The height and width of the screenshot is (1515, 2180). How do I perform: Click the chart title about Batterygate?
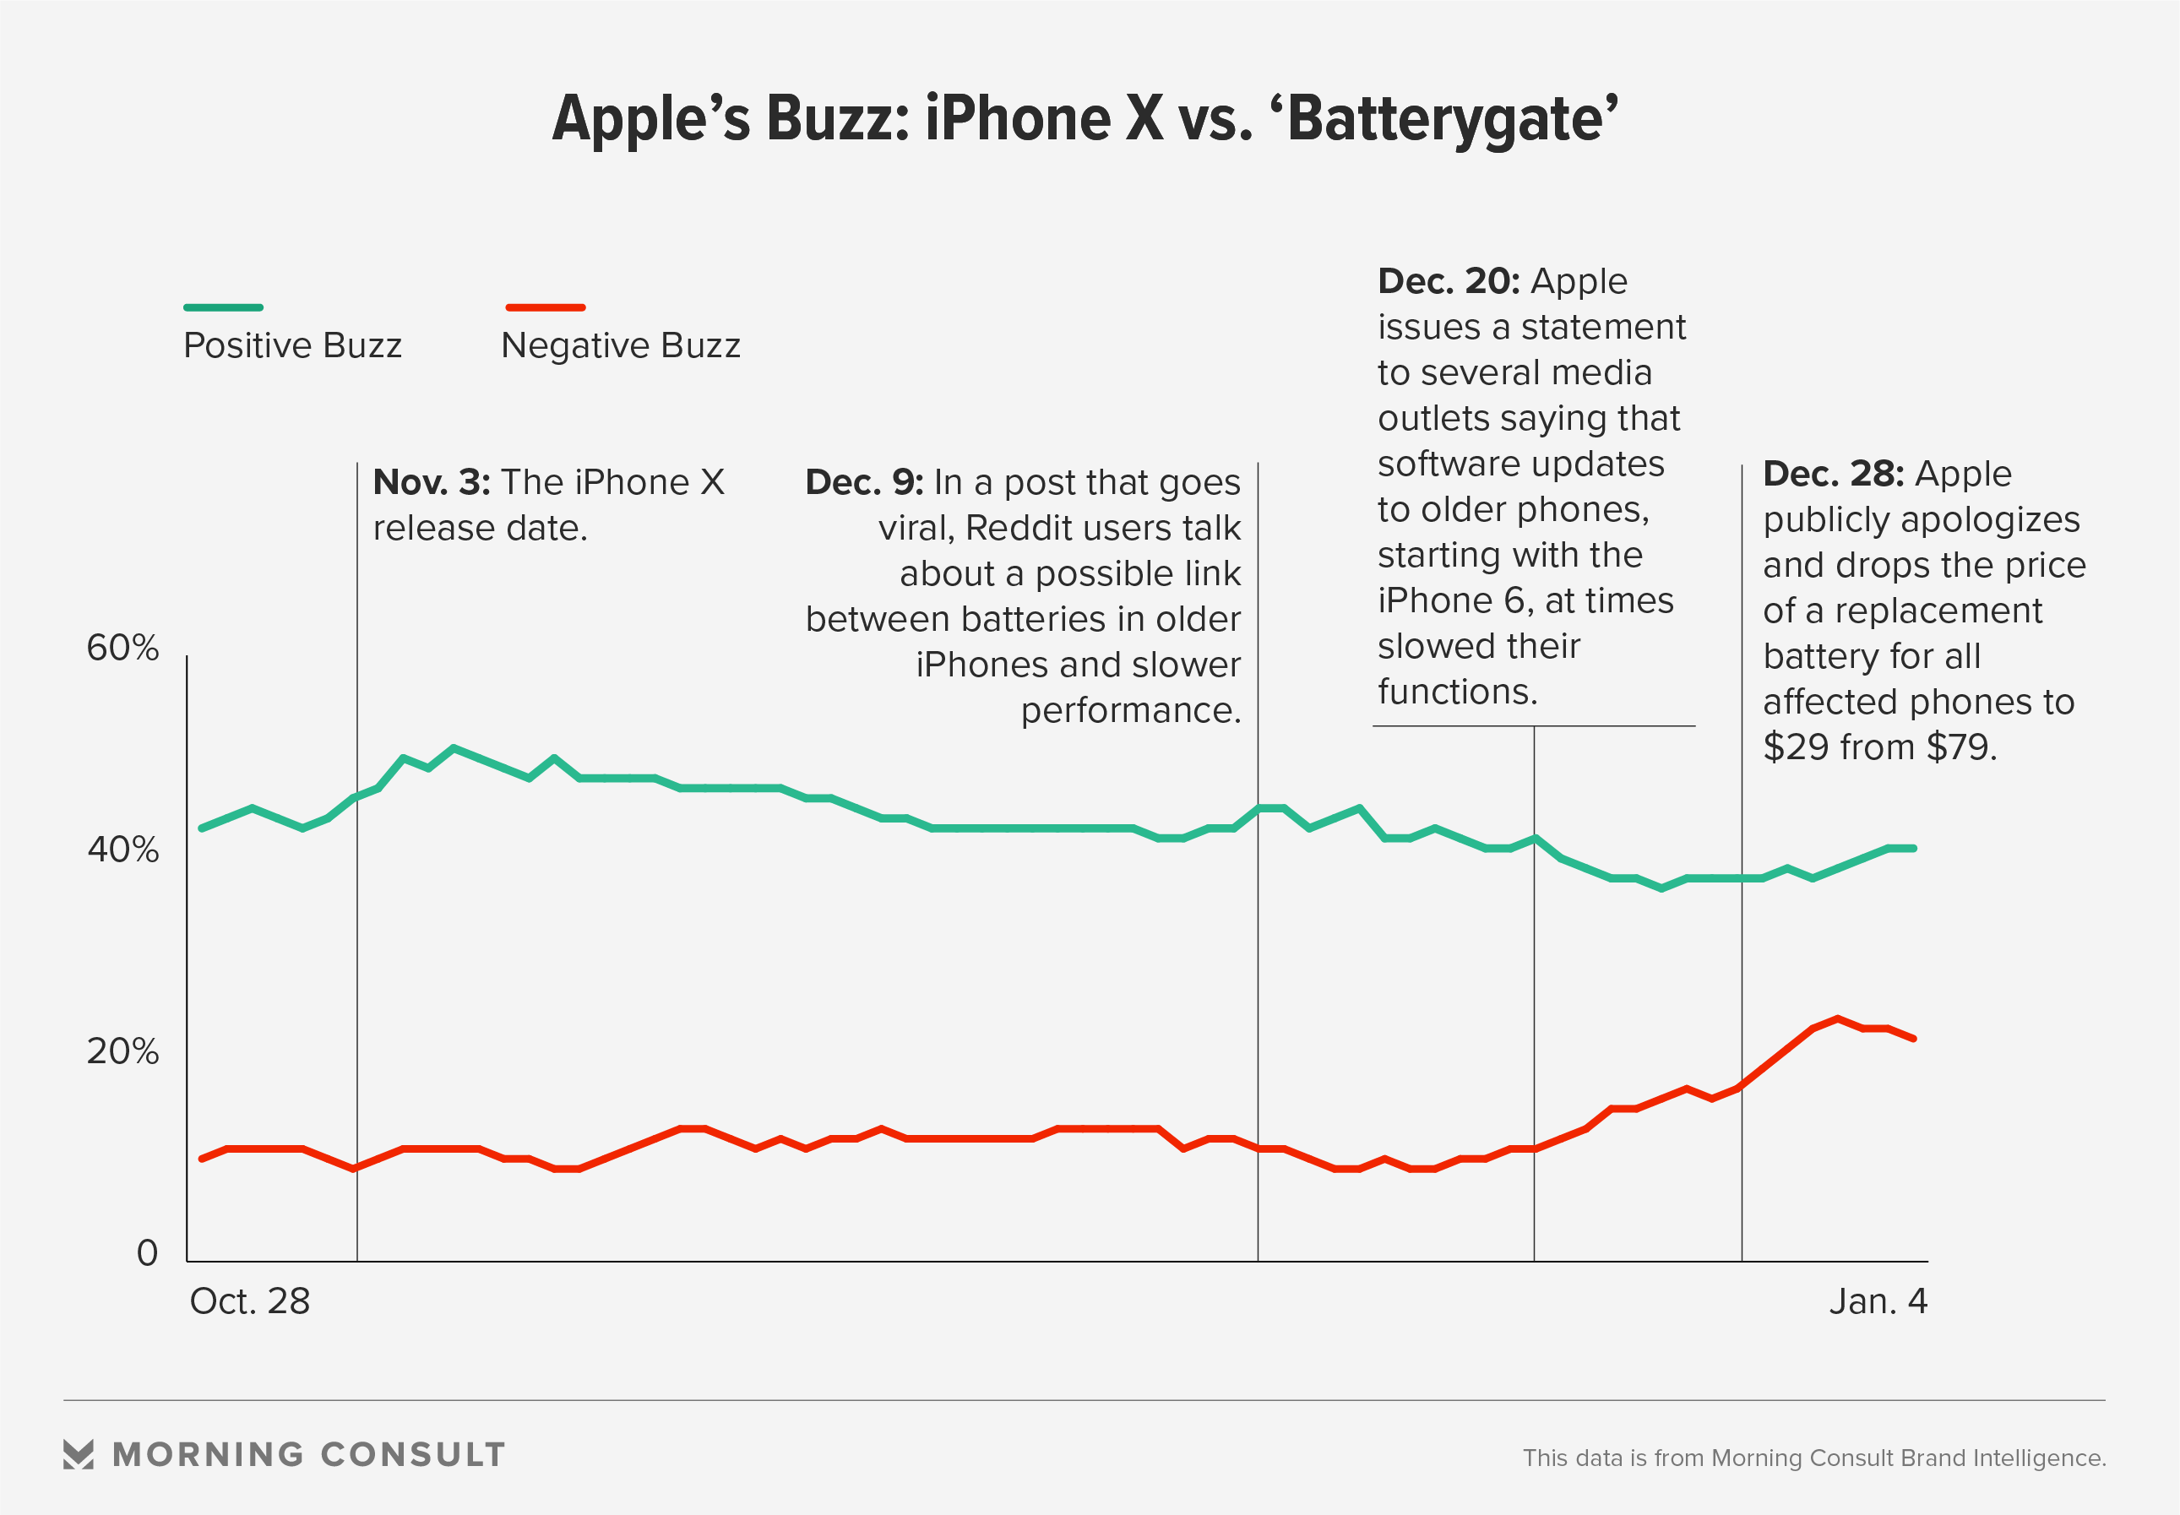[1085, 120]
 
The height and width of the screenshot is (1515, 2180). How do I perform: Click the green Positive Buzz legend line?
[223, 307]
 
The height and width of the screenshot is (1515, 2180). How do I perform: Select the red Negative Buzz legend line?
[545, 307]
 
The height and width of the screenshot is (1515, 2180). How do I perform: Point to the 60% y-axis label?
[122, 649]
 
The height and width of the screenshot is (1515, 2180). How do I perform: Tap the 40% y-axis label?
[122, 850]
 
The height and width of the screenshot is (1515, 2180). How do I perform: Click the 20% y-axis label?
[122, 1051]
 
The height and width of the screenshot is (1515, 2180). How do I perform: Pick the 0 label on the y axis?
[147, 1253]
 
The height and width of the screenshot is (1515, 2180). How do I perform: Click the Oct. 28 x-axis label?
[250, 1301]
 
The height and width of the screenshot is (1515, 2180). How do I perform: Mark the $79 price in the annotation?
[1961, 747]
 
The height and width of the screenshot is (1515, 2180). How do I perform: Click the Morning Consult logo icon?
[79, 1454]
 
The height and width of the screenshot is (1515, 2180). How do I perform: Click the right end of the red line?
[1914, 1039]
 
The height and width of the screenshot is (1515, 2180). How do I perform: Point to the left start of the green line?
[201, 828]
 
